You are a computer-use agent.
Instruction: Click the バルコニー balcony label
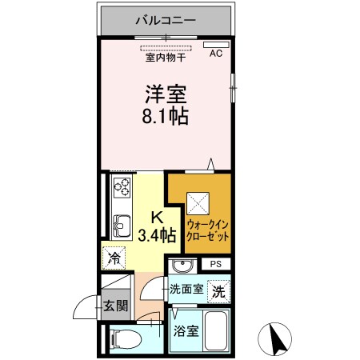point(166,18)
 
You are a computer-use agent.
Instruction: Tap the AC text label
point(215,54)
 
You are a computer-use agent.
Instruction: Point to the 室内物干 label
point(166,57)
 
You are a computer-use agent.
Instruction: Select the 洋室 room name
point(166,93)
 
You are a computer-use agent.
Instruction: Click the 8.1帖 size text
point(166,118)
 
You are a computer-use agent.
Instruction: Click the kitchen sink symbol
point(122,225)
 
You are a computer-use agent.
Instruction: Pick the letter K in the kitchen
point(157,216)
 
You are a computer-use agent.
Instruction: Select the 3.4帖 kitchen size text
point(157,235)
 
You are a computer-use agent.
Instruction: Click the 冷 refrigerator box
point(114,258)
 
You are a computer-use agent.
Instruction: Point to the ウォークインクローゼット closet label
point(209,230)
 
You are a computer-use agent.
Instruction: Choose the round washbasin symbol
point(182,266)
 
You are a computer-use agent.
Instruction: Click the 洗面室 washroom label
point(185,290)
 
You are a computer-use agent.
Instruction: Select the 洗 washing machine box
point(218,292)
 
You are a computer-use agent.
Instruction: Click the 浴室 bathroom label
point(186,328)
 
